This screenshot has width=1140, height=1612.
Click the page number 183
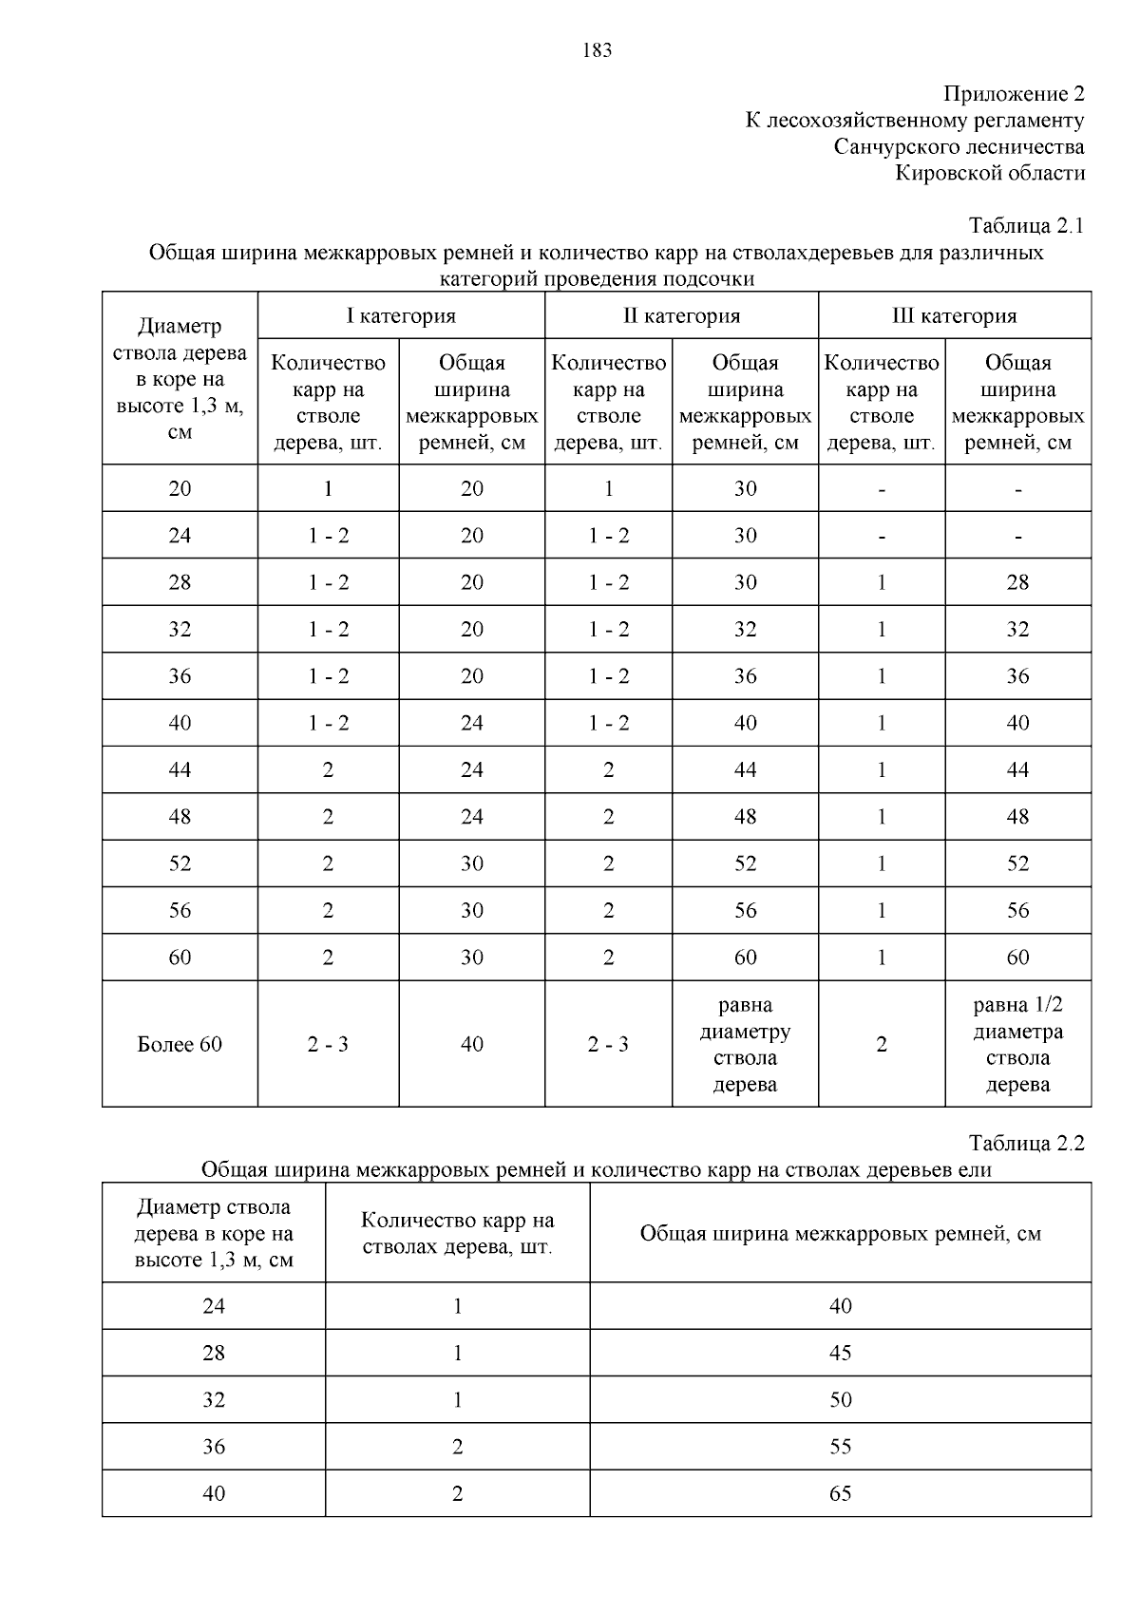tap(597, 50)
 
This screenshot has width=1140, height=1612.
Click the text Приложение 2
tap(1013, 94)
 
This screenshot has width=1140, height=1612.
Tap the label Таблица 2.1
tap(1026, 226)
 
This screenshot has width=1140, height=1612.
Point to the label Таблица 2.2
tap(1026, 1144)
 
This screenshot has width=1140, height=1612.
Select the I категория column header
tap(400, 316)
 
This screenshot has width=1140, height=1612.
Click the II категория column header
tap(681, 316)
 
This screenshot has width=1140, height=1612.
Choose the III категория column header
tap(954, 316)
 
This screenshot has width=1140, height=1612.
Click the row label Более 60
tap(180, 1045)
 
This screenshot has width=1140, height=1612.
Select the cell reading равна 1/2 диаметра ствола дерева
tap(1017, 1045)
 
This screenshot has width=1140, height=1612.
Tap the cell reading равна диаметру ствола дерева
tap(745, 1045)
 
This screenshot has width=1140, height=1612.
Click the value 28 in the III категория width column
tap(1017, 582)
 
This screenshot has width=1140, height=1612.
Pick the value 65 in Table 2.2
tap(840, 1494)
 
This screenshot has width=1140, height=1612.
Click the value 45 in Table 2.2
tap(840, 1353)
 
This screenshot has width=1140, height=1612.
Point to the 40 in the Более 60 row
tap(471, 1045)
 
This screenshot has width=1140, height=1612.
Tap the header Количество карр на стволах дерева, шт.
tap(457, 1234)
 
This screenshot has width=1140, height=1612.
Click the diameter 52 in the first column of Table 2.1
tap(180, 863)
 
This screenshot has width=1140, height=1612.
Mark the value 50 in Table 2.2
tap(840, 1400)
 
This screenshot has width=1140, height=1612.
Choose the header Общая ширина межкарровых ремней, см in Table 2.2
tap(840, 1234)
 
